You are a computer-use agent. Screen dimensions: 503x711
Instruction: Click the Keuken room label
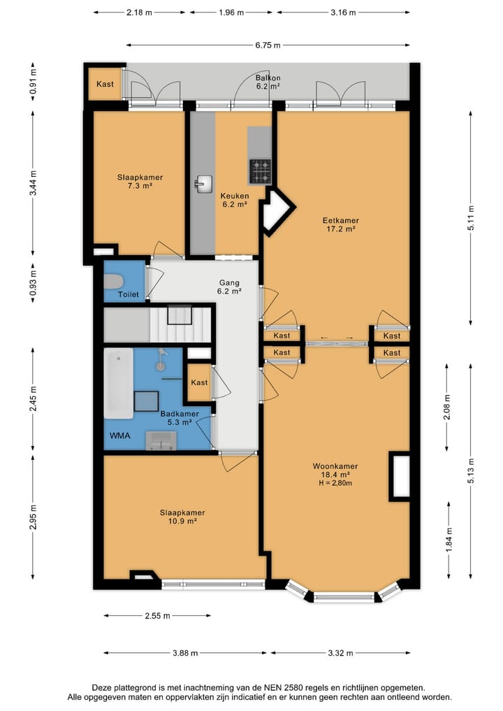235,196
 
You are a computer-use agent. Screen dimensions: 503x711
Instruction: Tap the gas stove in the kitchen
260,171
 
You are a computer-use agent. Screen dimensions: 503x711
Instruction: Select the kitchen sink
204,184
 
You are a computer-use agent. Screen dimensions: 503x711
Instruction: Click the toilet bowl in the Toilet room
113,281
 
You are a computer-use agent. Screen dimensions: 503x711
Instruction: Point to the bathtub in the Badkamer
119,384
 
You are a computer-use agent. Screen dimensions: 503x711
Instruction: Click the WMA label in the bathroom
120,436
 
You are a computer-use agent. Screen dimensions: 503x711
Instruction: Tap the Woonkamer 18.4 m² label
335,471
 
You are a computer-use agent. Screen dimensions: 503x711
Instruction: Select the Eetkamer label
341,220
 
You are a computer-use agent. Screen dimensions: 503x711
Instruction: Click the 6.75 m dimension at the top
268,45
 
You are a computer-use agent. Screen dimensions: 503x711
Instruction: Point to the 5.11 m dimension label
471,219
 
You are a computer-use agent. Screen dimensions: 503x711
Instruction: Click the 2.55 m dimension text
158,616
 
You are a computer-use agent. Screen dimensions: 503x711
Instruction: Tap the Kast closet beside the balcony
105,84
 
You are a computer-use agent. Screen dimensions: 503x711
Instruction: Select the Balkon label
268,78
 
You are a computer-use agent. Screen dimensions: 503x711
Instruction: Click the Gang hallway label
229,282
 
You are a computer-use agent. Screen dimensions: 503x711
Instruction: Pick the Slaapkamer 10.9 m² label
182,517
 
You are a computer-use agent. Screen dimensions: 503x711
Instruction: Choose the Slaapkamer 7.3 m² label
140,181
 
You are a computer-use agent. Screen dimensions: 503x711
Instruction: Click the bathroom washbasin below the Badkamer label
161,440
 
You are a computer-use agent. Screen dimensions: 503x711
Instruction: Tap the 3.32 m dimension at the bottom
340,653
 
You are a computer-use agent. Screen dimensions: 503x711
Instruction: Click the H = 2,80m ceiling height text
335,483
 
